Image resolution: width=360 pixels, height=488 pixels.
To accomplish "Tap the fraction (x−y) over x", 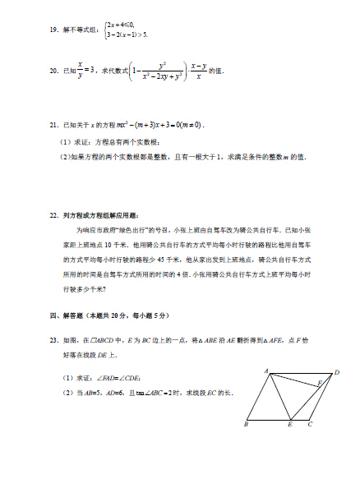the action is [197, 71].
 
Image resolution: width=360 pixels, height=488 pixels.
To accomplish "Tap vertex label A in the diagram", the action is [267, 372].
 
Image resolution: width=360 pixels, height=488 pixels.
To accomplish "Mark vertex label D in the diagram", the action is [336, 373].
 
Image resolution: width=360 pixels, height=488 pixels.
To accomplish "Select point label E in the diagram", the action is [289, 426].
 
